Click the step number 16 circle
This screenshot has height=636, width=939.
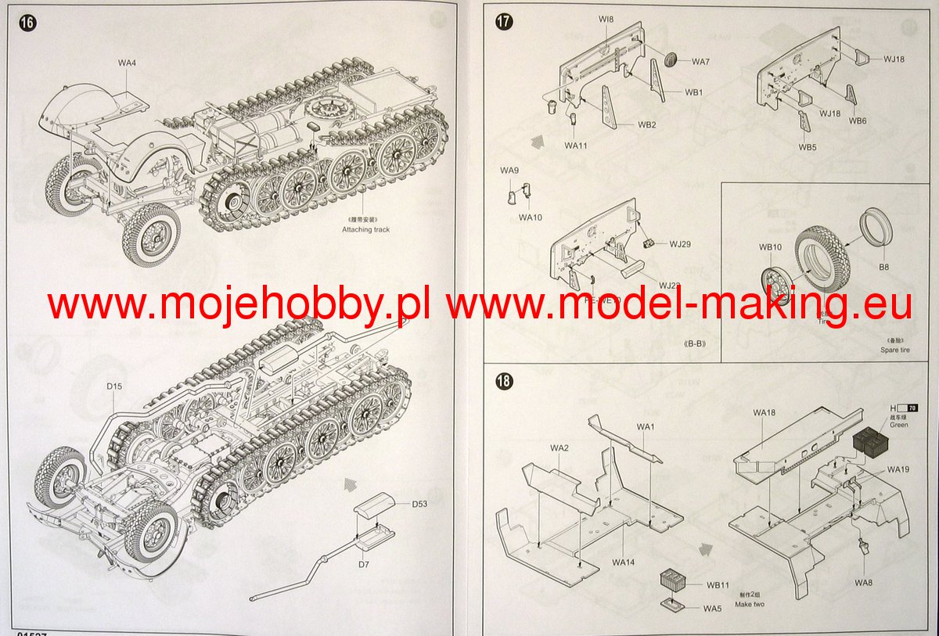click(27, 23)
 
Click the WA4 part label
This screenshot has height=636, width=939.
click(128, 62)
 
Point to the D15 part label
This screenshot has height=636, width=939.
click(114, 386)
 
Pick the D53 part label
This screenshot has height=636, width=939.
click(419, 504)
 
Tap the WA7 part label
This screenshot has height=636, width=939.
click(700, 62)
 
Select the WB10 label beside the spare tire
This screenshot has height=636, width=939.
click(770, 247)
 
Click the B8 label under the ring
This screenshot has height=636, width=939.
click(883, 267)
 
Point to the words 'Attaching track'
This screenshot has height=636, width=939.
click(365, 229)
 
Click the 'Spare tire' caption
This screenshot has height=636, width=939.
click(894, 349)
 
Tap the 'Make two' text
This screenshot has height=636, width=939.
click(750, 604)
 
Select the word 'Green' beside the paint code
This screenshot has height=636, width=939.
click(899, 425)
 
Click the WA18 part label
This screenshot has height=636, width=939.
click(765, 411)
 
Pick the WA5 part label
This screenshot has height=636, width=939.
click(712, 608)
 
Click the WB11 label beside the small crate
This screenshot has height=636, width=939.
click(718, 584)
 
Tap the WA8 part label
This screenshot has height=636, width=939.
click(863, 582)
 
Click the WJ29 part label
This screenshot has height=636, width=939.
click(680, 244)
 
